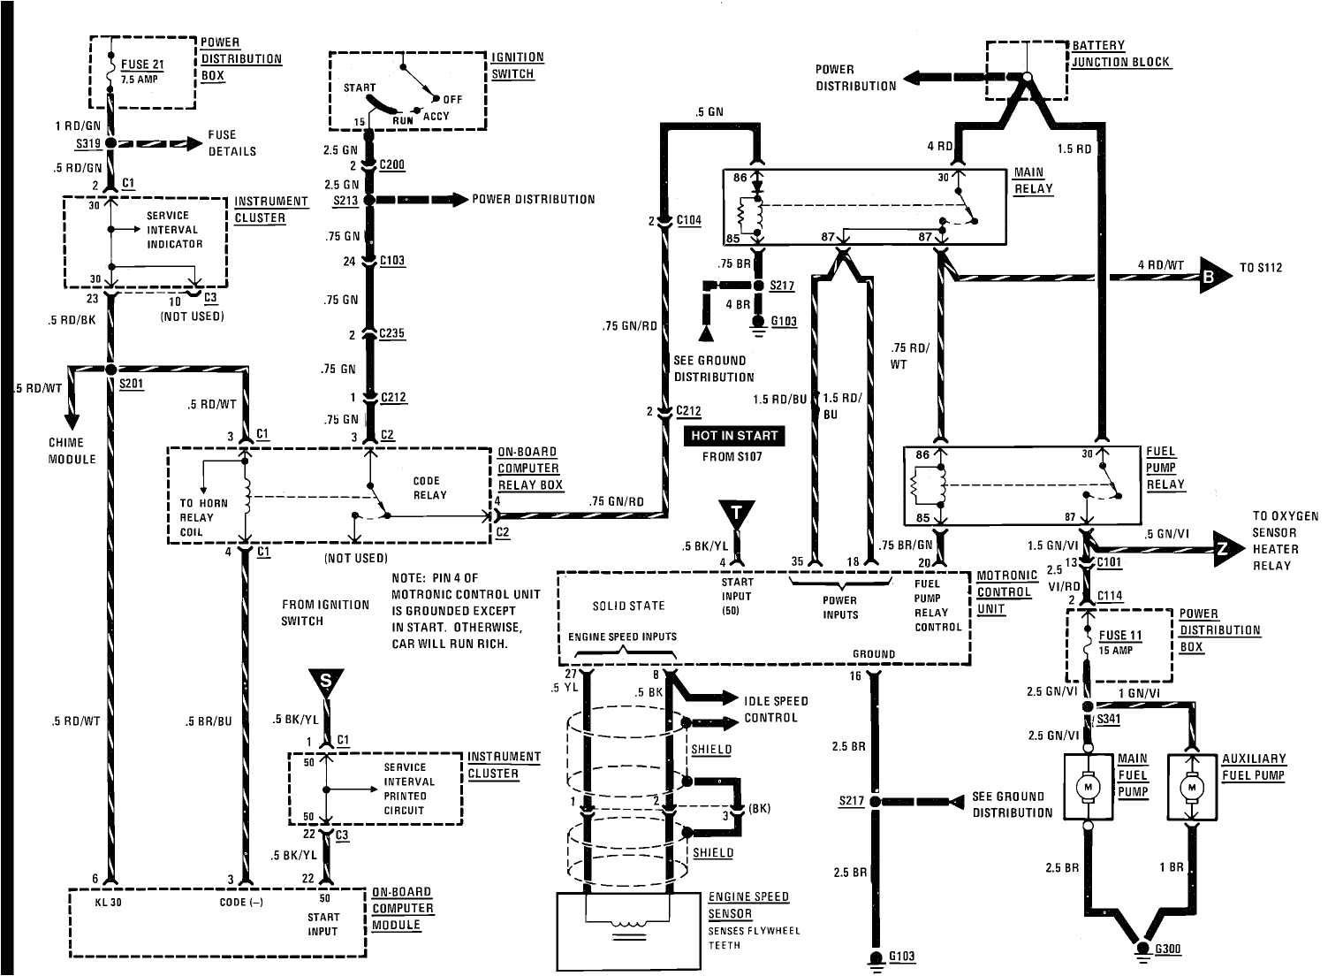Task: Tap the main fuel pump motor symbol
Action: [1086, 787]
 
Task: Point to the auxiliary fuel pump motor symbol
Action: [1191, 787]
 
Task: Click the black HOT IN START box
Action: [733, 436]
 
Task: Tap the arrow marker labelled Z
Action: [1223, 549]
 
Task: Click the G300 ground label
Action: [1168, 949]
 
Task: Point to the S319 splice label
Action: [88, 142]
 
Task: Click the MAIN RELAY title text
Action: [1028, 180]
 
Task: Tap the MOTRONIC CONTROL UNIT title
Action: [1004, 592]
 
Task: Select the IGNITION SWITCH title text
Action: [517, 65]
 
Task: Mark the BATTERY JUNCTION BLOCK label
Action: [1120, 54]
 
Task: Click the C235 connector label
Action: [392, 334]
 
